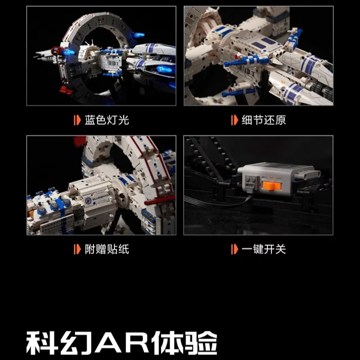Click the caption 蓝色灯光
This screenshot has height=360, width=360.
[107, 120]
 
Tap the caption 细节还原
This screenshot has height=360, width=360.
[264, 120]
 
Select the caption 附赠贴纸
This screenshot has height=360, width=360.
[107, 249]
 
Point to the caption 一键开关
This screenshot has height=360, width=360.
[264, 249]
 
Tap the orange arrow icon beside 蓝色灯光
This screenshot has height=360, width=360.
[77, 120]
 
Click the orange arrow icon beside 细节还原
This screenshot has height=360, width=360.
[234, 120]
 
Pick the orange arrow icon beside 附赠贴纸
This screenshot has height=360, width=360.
[77, 249]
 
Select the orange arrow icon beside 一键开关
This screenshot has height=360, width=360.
[234, 249]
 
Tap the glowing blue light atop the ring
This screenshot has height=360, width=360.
[139, 35]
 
